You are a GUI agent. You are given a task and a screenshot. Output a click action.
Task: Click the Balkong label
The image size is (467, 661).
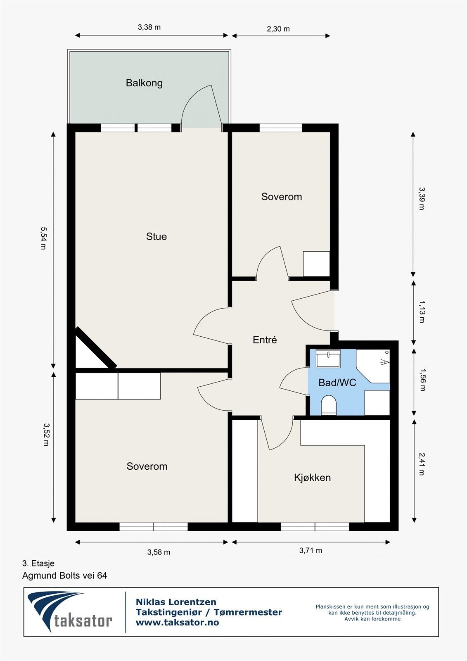(x=144, y=83)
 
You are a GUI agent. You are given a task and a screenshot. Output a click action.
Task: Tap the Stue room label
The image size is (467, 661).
(x=156, y=236)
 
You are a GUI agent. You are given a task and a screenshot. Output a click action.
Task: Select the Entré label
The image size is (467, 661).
(x=265, y=340)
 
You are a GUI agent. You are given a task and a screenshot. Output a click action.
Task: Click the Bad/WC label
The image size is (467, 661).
(x=337, y=383)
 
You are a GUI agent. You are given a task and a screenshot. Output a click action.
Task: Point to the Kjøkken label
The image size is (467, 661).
(x=312, y=478)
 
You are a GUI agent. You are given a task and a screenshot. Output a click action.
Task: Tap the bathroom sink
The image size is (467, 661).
(x=328, y=358)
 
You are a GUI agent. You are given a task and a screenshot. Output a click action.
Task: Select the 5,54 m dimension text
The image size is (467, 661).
(x=43, y=238)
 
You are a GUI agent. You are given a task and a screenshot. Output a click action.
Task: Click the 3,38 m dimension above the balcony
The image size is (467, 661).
(x=149, y=27)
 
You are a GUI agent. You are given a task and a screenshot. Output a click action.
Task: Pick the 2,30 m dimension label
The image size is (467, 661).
(x=278, y=29)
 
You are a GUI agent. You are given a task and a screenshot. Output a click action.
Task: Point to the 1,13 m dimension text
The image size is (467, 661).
(x=422, y=312)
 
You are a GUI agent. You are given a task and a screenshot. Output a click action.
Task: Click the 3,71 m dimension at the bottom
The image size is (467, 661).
(x=311, y=550)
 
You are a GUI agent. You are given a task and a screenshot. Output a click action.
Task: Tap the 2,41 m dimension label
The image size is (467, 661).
(x=422, y=464)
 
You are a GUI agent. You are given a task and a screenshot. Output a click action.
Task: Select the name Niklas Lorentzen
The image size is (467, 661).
(x=176, y=602)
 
